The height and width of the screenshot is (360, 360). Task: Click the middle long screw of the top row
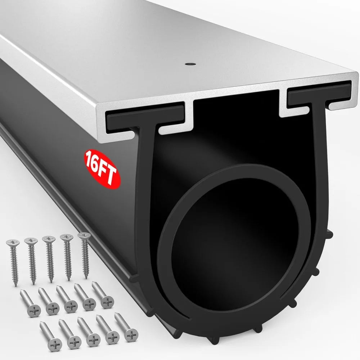click(49, 258)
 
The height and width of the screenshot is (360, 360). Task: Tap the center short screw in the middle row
click(66, 300)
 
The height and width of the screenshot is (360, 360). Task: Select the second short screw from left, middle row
click(48, 302)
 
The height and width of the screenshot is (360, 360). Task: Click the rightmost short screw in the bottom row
click(126, 327)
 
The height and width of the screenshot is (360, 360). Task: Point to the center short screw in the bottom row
click(89, 331)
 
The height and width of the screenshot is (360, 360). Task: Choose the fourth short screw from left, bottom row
click(107, 329)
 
